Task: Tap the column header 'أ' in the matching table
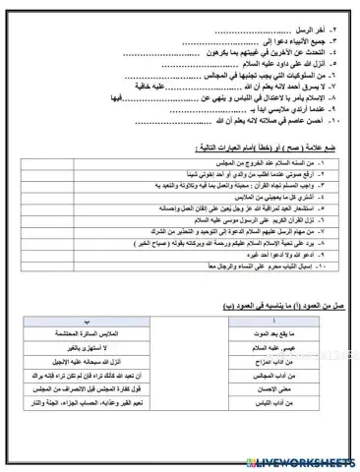tap(289, 322)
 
